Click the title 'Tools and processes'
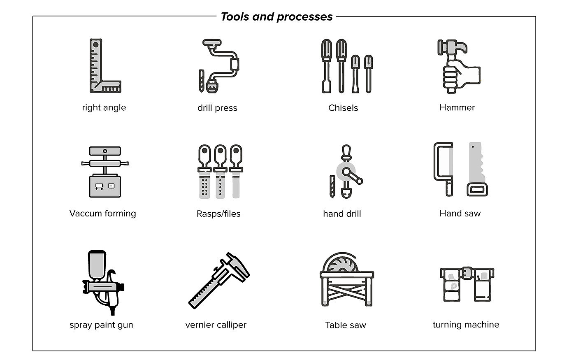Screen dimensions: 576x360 point(276,16)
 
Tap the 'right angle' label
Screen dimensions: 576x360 point(104,107)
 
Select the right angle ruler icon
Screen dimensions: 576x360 point(103,66)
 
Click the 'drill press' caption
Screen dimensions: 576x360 point(217,108)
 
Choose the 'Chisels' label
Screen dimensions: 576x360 point(343,108)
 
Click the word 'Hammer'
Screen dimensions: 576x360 point(457,107)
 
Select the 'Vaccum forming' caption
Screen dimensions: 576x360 point(102,213)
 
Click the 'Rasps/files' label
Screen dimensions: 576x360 point(218,214)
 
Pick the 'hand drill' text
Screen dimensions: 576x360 point(342,214)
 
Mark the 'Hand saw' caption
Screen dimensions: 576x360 point(460,213)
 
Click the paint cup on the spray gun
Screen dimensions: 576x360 point(98,265)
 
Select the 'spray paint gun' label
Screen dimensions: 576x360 point(101,325)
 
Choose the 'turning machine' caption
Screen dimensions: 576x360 point(466,324)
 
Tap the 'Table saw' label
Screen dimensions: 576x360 point(346,325)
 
